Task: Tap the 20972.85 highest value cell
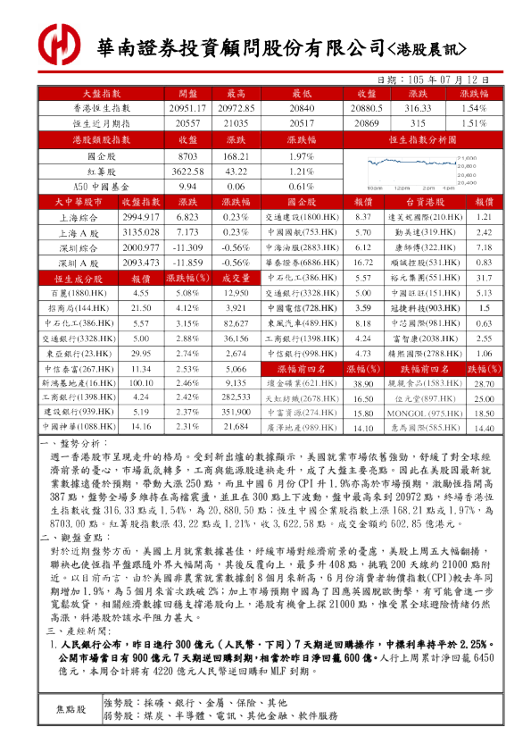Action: (x=236, y=108)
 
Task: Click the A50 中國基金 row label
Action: (x=100, y=187)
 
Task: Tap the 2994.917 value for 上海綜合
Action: (x=140, y=217)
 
